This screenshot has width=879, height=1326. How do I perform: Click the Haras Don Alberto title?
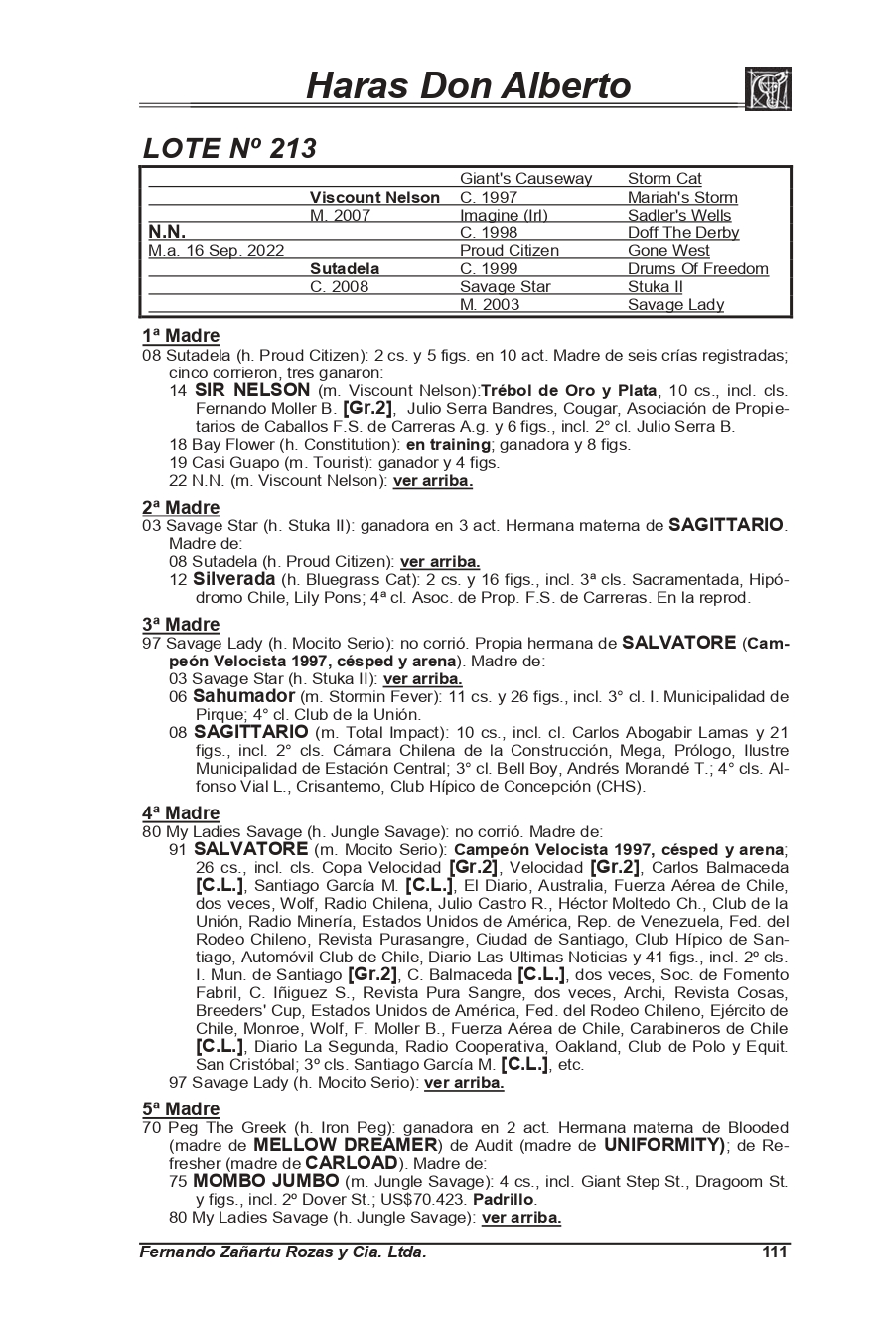click(468, 86)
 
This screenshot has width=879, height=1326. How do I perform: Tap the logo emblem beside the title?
click(767, 88)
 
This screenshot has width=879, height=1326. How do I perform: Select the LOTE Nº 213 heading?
click(229, 148)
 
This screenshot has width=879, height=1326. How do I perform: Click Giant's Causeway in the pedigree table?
click(525, 179)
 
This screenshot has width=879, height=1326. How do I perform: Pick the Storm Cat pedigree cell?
click(664, 179)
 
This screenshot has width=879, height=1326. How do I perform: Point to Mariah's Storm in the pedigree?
click(682, 197)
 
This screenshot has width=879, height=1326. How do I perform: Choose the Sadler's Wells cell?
click(679, 215)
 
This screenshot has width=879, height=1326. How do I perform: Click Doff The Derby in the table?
click(683, 232)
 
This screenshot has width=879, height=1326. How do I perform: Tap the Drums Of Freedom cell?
click(698, 268)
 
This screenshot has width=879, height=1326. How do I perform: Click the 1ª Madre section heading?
click(180, 336)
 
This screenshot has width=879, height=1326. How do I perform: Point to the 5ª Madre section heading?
click(180, 1108)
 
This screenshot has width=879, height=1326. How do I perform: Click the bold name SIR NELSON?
click(252, 390)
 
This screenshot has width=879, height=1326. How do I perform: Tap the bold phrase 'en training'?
click(448, 445)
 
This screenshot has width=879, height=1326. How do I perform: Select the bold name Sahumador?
click(243, 696)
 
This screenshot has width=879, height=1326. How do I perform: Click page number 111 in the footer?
click(775, 1252)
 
